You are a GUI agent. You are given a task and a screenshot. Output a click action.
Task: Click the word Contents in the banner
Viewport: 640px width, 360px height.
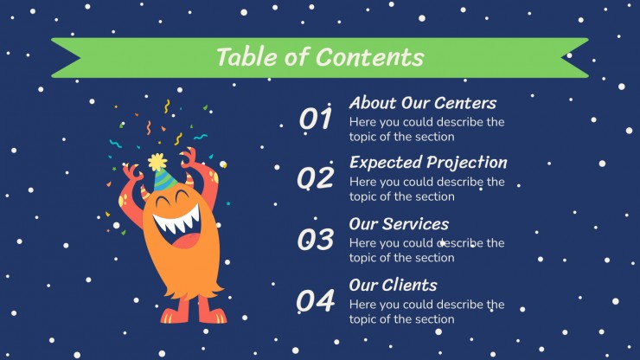pyautogui.click(x=370, y=57)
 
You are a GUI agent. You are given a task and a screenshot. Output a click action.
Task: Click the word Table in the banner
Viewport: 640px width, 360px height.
pyautogui.click(x=247, y=56)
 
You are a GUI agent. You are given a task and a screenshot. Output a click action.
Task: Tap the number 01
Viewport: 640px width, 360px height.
pyautogui.click(x=316, y=119)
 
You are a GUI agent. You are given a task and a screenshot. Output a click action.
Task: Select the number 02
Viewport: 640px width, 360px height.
pyautogui.click(x=316, y=178)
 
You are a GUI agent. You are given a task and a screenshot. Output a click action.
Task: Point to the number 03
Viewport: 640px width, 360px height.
pyautogui.click(x=316, y=239)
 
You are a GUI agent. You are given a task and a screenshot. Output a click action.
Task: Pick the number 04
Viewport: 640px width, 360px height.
pyautogui.click(x=316, y=301)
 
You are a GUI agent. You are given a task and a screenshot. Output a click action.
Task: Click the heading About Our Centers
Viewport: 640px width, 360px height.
pyautogui.click(x=423, y=103)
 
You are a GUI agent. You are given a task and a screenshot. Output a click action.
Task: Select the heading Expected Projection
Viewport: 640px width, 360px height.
pyautogui.click(x=429, y=163)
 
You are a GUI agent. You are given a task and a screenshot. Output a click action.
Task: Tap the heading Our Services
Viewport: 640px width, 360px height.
pyautogui.click(x=399, y=224)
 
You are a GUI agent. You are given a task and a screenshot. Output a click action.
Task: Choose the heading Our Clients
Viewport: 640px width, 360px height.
pyautogui.click(x=393, y=286)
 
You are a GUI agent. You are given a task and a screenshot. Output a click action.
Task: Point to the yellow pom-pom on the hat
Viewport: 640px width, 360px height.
pyautogui.click(x=157, y=162)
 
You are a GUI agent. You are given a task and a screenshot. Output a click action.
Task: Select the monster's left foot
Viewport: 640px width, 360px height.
pyautogui.click(x=176, y=315)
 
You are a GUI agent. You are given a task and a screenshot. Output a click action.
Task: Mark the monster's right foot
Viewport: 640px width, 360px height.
pyautogui.click(x=212, y=315)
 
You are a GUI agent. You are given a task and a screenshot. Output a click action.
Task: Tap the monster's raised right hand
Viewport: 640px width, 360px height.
pyautogui.click(x=189, y=157)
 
